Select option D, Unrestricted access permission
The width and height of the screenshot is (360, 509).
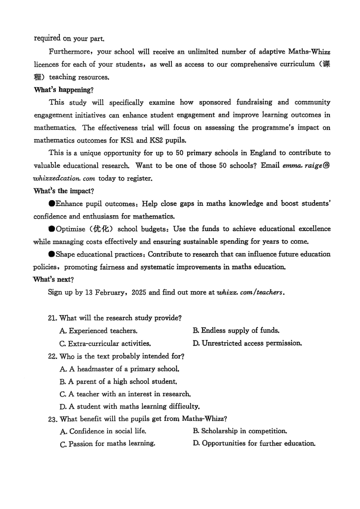247,344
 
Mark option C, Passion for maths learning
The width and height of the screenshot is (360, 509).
108,444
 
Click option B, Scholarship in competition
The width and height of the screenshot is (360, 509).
240,431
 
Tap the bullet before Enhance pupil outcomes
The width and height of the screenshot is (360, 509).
52,203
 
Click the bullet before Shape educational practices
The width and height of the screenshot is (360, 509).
52,254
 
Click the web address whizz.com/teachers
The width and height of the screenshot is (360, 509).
250,292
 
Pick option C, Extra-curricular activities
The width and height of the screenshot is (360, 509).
105,344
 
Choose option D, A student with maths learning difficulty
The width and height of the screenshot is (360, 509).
129,406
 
